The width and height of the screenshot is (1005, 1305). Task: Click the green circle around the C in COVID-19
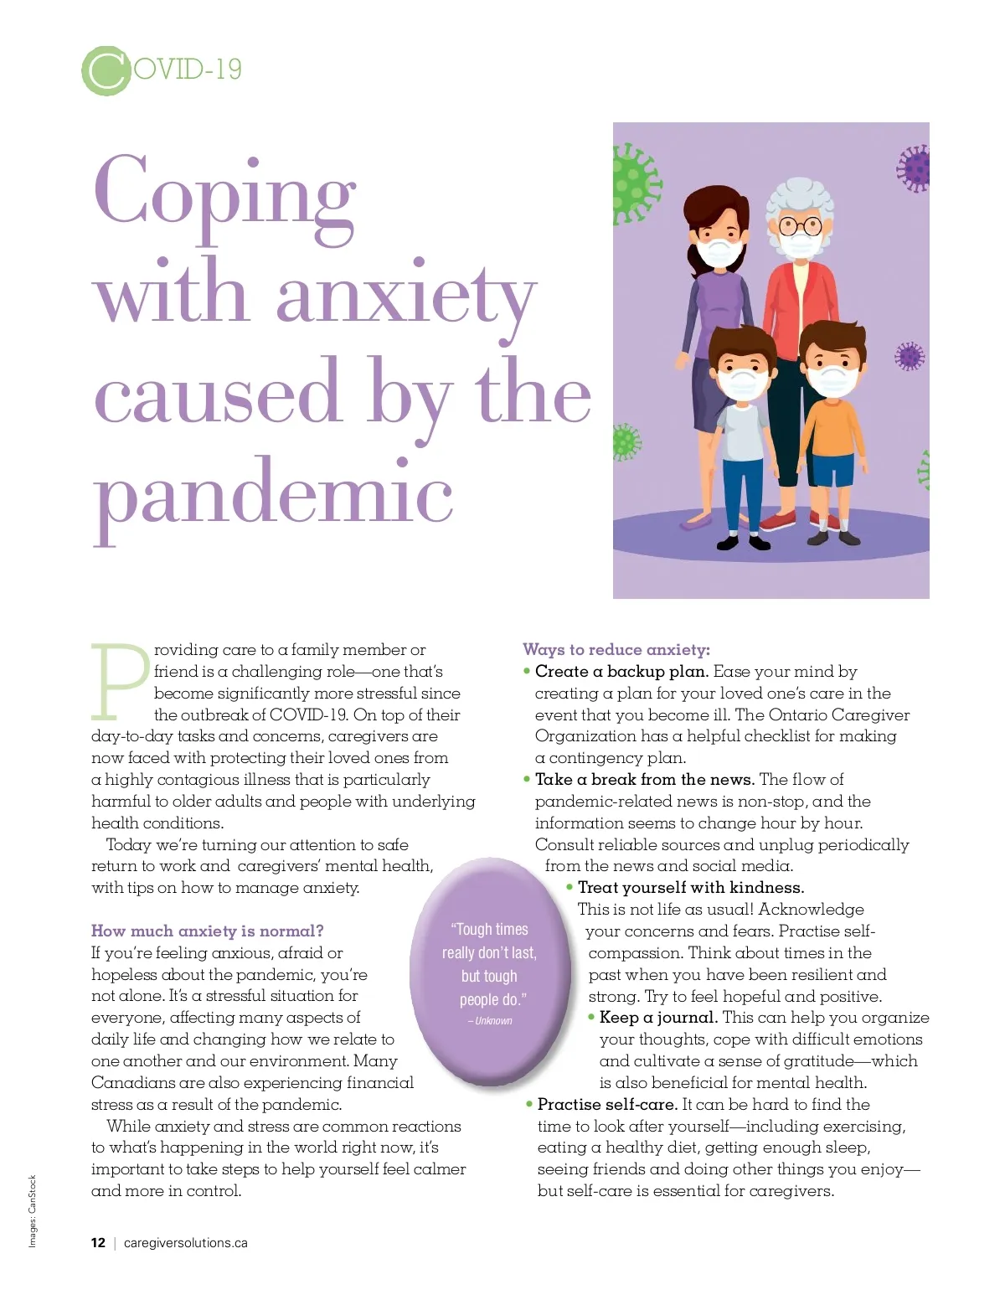(x=106, y=70)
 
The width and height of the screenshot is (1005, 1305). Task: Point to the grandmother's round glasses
(x=801, y=224)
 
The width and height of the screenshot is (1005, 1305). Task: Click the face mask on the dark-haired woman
(x=720, y=251)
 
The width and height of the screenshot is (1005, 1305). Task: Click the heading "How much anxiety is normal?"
(x=207, y=931)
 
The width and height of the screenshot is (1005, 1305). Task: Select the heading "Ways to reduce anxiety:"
(x=616, y=649)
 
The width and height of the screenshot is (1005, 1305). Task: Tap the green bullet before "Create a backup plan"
(x=527, y=671)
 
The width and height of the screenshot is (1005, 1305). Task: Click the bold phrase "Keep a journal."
(x=658, y=1018)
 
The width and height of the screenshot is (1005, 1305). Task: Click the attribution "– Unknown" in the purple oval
(x=490, y=1021)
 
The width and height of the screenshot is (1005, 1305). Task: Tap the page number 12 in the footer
(x=98, y=1243)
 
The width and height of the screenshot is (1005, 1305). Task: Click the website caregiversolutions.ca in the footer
(x=185, y=1243)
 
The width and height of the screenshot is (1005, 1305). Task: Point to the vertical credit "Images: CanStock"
(x=33, y=1211)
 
